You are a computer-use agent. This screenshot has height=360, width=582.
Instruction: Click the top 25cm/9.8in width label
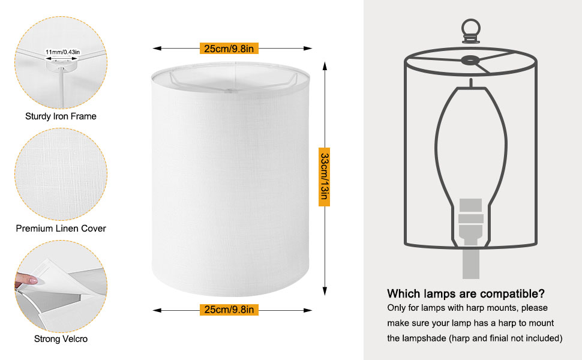229,48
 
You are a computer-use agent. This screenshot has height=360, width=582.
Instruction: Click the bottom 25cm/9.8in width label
229,310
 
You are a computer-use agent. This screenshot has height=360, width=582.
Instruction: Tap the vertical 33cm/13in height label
325,176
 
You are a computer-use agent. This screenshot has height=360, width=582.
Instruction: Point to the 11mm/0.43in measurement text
62,52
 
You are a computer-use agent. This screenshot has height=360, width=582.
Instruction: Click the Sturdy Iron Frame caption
61,116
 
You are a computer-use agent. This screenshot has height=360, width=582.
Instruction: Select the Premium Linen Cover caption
61,228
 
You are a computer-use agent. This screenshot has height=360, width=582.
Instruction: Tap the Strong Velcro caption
61,339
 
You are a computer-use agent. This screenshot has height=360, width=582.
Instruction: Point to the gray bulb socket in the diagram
470,221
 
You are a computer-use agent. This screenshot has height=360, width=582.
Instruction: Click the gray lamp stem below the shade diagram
470,263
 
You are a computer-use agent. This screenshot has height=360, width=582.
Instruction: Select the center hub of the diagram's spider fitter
470,60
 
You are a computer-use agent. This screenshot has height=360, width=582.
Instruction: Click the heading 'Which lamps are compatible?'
466,293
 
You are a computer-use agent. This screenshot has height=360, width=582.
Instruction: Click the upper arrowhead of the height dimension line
325,66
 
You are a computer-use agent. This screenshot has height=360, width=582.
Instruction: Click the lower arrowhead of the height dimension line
325,291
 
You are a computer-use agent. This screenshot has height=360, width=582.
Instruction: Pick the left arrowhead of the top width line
157,48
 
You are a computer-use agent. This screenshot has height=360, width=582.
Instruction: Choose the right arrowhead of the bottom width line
307,310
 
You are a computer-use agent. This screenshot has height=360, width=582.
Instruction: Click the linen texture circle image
61,175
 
